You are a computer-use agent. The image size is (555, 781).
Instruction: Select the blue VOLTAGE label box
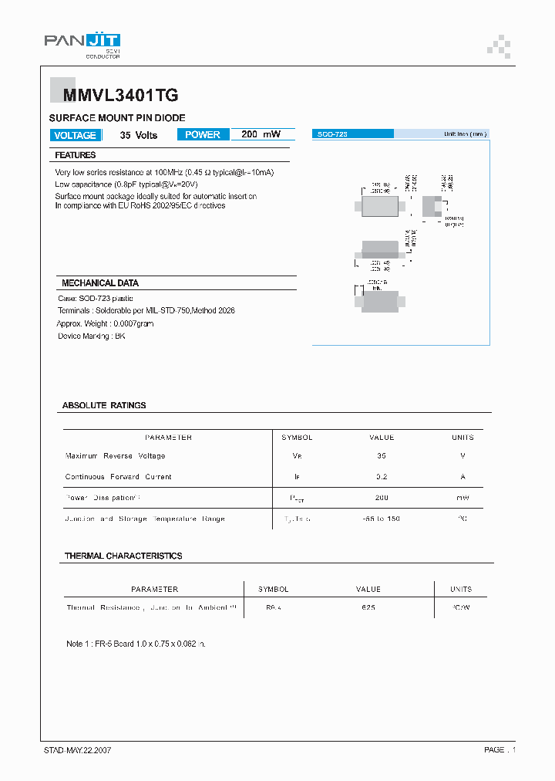[x=76, y=135]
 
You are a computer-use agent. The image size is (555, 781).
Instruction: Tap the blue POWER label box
[x=203, y=134]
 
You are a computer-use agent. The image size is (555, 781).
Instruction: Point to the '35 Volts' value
[x=139, y=135]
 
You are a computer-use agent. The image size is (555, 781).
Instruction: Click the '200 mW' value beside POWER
[x=261, y=134]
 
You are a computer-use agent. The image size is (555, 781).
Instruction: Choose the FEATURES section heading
[x=76, y=155]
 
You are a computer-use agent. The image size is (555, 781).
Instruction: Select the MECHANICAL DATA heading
[x=100, y=283]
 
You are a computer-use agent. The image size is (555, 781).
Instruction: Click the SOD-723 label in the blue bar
[x=333, y=134]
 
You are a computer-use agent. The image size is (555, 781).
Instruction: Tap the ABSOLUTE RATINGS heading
[x=104, y=405]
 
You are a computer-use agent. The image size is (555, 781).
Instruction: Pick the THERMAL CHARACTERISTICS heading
[x=123, y=556]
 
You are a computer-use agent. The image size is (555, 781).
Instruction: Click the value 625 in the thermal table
[x=368, y=608]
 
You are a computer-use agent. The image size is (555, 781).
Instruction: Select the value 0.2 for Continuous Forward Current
[x=382, y=477]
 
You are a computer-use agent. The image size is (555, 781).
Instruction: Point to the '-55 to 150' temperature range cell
[x=382, y=519]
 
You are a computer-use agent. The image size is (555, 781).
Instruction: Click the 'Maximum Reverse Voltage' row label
[x=116, y=456]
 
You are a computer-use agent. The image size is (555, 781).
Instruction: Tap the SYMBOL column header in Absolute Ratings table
[x=297, y=438]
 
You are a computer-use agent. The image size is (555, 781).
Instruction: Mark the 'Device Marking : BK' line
[x=92, y=336]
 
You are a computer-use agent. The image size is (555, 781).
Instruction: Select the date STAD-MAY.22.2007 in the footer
[x=78, y=749]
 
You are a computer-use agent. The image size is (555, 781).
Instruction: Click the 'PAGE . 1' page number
[x=499, y=749]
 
